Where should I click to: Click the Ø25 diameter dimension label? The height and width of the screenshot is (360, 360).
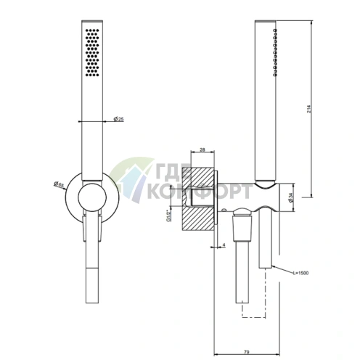[x=118, y=119]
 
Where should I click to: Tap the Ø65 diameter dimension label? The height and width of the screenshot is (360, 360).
[x=59, y=184]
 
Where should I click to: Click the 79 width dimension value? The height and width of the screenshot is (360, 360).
[x=247, y=352]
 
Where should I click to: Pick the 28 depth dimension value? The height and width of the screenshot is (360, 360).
[x=202, y=150]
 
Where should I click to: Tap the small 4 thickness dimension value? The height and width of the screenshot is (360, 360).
[x=224, y=245]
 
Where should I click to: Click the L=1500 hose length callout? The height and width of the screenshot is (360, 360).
[x=300, y=273]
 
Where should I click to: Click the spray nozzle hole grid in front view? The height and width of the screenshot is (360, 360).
[x=92, y=53]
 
